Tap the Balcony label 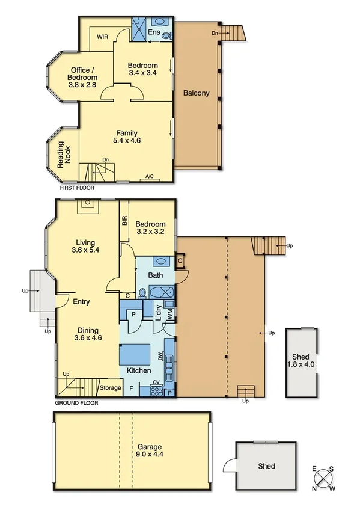(x=196, y=93)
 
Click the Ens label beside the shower (x=154, y=31)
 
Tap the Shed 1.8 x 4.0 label (x=301, y=361)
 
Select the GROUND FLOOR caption (x=76, y=402)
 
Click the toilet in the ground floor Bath (x=142, y=293)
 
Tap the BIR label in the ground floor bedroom (x=124, y=221)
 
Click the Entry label (x=81, y=301)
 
